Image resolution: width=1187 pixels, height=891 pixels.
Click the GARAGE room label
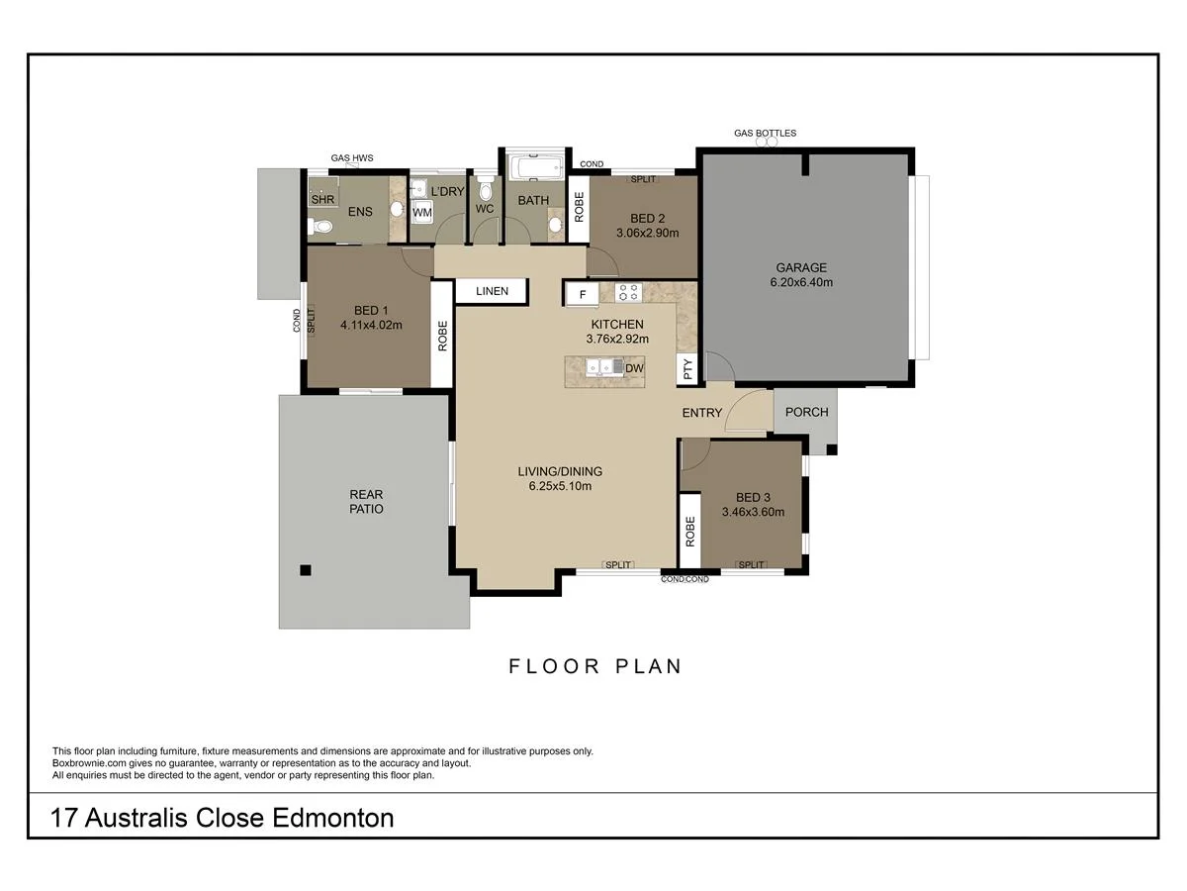click(801, 267)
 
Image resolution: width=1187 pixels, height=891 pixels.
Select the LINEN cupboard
click(492, 291)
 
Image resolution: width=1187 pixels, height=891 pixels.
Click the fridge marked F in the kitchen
click(582, 294)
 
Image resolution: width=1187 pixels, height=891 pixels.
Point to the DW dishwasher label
click(634, 368)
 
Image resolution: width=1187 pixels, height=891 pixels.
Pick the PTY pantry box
click(687, 368)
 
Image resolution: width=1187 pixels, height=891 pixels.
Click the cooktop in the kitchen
click(627, 292)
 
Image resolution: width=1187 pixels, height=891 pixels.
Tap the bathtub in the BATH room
click(535, 165)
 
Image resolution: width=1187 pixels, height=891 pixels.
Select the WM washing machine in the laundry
click(422, 212)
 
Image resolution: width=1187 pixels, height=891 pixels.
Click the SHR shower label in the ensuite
click(322, 199)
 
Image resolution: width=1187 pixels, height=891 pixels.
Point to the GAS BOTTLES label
click(765, 133)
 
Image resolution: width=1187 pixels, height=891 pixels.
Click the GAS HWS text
click(351, 157)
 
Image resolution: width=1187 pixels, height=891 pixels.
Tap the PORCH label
click(806, 412)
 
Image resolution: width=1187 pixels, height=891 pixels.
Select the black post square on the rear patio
click(306, 569)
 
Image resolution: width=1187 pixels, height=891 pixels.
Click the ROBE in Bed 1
click(442, 337)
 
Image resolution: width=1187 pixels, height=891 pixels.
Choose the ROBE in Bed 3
click(689, 533)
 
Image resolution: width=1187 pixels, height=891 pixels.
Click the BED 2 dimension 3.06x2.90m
click(647, 234)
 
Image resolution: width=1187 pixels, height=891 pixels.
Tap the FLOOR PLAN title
click(595, 666)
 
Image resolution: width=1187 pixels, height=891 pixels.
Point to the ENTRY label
click(702, 413)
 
